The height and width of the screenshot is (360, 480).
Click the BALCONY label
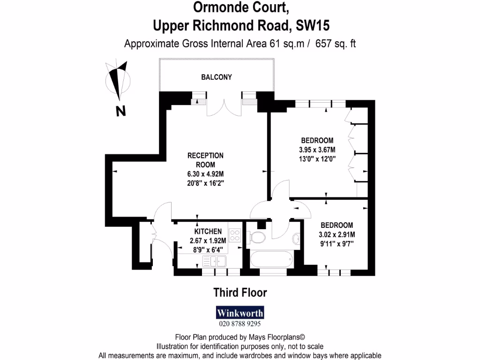tap(217, 77)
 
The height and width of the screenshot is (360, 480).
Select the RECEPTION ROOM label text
tap(205, 160)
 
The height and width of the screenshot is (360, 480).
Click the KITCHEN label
tap(208, 231)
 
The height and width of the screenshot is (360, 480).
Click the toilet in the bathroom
tap(257, 238)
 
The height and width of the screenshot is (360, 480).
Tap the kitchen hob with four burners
tap(235, 235)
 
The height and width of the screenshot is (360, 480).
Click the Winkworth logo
tap(240, 312)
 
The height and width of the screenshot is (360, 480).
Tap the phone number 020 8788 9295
tap(240, 323)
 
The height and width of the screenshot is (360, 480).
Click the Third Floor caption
tap(240, 293)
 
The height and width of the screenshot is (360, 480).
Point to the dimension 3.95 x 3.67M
tap(317, 150)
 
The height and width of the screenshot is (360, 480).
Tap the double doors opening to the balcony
tap(225, 107)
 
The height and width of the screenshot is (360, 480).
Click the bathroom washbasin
tap(296, 240)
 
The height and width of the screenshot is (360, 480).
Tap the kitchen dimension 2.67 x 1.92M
tap(208, 241)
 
